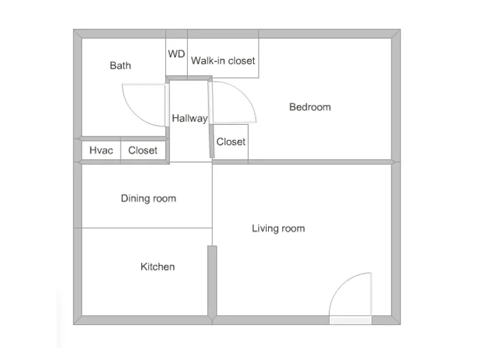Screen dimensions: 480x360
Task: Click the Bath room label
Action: tap(120, 66)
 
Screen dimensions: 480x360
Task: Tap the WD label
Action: tap(176, 54)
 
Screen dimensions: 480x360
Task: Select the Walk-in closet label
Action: tap(223, 60)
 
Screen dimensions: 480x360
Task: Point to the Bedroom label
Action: tap(310, 107)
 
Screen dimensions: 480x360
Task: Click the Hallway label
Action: tap(189, 118)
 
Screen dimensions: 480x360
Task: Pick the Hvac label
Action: tap(101, 150)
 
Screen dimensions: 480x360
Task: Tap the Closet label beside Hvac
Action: tap(143, 150)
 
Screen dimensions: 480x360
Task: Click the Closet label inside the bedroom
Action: tap(231, 142)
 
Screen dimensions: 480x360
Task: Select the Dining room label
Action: tap(149, 198)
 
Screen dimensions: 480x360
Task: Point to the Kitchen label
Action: tap(158, 267)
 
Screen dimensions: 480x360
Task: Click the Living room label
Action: tap(278, 228)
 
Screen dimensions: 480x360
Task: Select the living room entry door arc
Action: tap(341, 284)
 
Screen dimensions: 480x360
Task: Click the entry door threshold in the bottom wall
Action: tap(350, 320)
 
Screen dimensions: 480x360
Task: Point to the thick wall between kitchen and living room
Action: tap(212, 281)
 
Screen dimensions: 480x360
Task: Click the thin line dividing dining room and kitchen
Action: tap(147, 228)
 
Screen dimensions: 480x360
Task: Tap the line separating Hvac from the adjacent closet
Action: tap(121, 150)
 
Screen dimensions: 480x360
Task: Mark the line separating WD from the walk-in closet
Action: tap(188, 57)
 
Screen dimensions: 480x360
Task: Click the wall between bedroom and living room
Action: tap(302, 162)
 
